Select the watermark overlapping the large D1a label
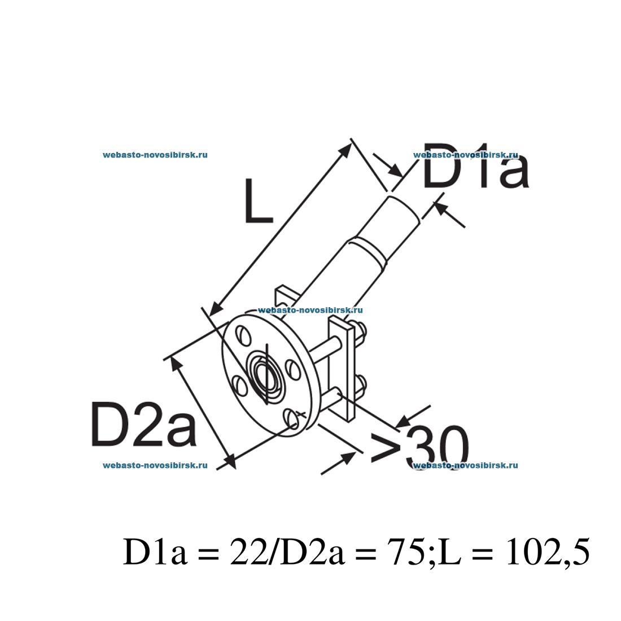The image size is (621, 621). pyautogui.click(x=465, y=155)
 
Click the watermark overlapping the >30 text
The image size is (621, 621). pyautogui.click(x=465, y=465)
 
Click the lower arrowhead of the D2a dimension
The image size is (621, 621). pyautogui.click(x=228, y=461)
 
